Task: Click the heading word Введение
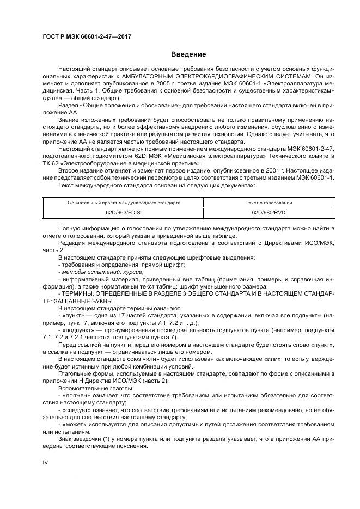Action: click(188, 54)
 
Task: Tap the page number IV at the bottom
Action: click(46, 462)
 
